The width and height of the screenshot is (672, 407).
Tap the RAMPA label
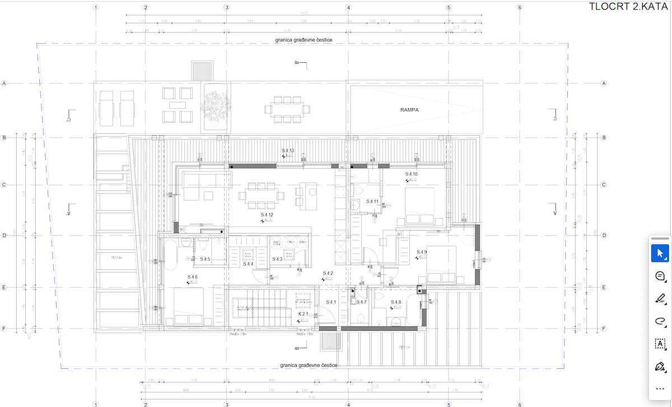[409, 110]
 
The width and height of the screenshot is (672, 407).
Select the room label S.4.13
[287, 151]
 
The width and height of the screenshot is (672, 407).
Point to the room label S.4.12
[267, 215]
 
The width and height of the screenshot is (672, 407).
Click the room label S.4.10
[412, 174]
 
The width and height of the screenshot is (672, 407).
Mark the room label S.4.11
[372, 201]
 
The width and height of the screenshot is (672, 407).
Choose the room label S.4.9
[421, 252]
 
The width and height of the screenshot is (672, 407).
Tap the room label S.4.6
[192, 277]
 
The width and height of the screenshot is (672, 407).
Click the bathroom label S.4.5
[205, 259]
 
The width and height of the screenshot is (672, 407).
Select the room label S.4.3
[277, 259]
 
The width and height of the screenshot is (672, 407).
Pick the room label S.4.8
[396, 303]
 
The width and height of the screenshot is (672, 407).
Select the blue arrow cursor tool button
[660, 253]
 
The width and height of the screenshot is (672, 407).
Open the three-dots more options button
[660, 388]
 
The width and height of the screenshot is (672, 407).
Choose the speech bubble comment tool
[660, 276]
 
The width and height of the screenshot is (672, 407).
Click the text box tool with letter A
[660, 343]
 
